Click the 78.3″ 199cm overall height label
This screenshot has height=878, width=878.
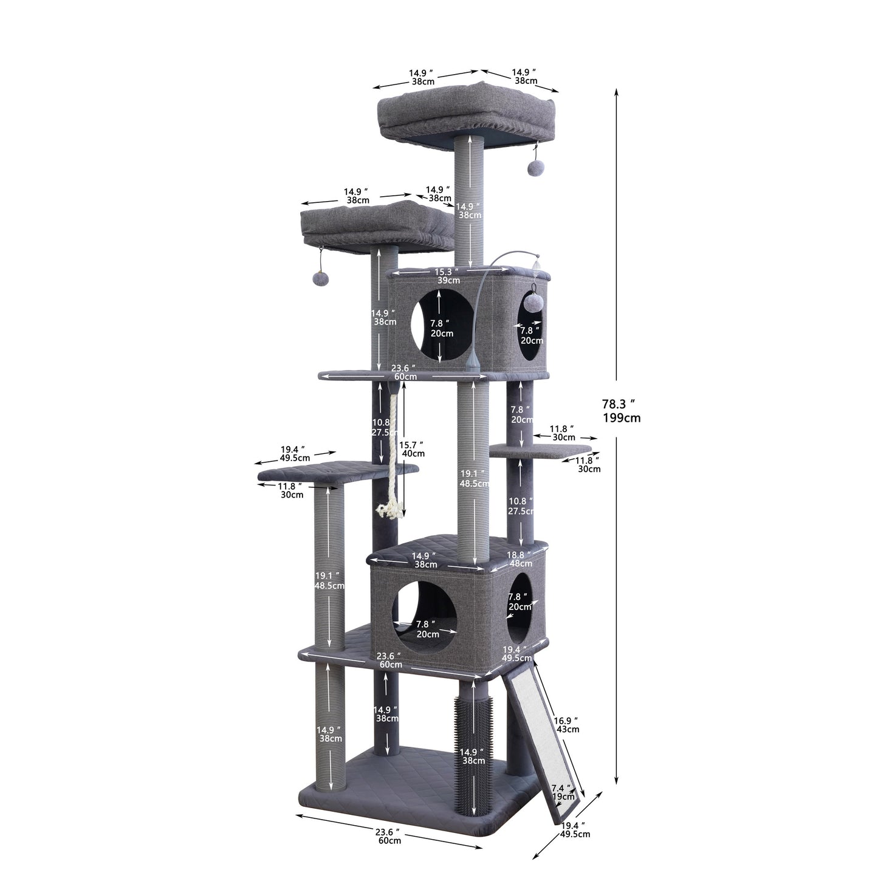(620, 410)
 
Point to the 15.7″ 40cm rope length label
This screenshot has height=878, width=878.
(413, 449)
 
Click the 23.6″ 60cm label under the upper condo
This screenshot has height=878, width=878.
(403, 372)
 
